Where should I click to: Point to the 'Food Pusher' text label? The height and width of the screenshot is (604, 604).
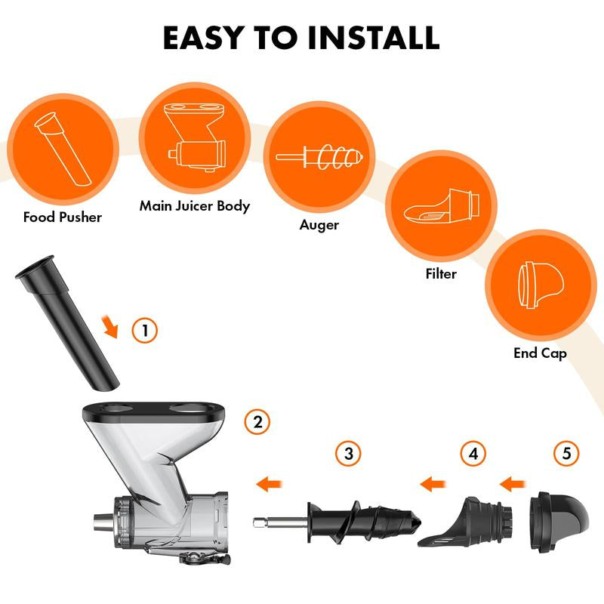(63, 217)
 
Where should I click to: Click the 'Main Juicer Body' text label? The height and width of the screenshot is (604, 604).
(194, 206)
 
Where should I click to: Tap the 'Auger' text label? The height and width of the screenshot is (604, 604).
(319, 225)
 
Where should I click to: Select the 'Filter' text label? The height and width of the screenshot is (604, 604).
(441, 273)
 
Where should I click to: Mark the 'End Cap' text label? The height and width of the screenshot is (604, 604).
(540, 353)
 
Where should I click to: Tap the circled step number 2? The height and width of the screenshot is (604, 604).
(257, 422)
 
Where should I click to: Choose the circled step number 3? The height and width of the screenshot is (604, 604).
(348, 454)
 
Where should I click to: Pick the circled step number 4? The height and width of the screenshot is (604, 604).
(473, 454)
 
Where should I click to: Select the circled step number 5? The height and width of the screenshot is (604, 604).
(566, 454)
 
